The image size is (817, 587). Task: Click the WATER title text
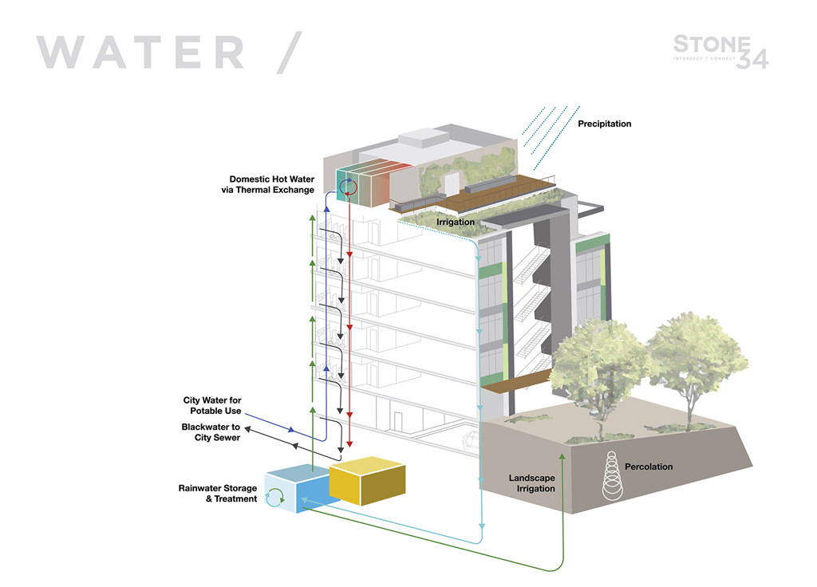140,52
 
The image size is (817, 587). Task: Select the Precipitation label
604,124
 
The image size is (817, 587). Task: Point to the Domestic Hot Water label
272,184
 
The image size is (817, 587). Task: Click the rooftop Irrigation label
455,222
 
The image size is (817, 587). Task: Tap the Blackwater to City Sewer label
211,432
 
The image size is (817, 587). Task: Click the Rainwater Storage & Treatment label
218,493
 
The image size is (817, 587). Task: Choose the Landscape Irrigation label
532,483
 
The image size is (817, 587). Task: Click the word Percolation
649,467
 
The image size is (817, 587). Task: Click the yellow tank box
368,480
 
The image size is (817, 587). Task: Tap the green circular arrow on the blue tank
275,498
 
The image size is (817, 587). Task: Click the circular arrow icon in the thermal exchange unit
348,188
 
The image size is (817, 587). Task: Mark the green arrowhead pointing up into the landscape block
563,457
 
